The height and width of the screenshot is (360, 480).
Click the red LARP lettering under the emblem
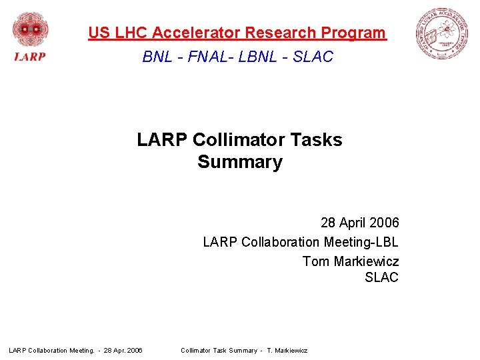[x=30, y=57]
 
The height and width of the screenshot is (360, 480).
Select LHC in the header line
[x=130, y=33]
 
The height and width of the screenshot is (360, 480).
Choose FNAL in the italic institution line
[x=206, y=57]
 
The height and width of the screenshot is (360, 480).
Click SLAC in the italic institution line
[x=312, y=57]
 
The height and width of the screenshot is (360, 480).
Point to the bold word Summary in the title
[x=240, y=162]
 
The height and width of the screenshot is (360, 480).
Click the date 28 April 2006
[x=359, y=223]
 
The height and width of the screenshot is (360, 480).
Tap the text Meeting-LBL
[x=361, y=241]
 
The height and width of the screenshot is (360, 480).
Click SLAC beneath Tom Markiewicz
[x=381, y=278]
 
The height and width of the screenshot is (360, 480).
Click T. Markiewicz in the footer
[x=287, y=350]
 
